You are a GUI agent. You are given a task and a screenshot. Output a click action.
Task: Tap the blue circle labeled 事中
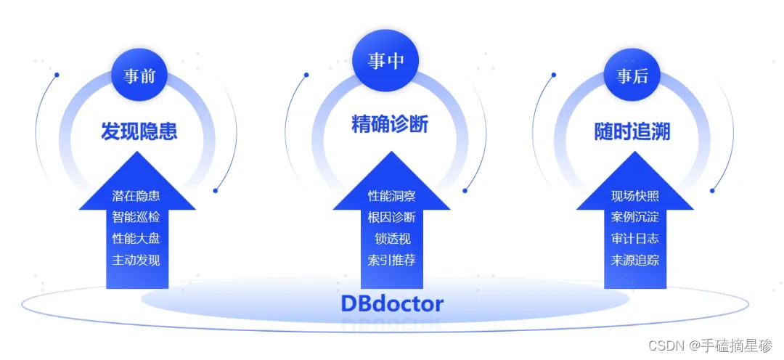[385, 61]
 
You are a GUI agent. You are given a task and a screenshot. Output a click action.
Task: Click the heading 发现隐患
[139, 131]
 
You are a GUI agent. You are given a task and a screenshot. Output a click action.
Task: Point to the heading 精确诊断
[390, 125]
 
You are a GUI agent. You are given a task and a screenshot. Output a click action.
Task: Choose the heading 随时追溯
[632, 131]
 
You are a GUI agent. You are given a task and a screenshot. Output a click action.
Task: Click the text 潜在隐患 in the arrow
[136, 196]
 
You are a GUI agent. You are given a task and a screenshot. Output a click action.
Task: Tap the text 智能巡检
[136, 217]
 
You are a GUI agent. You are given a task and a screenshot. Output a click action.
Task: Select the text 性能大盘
[136, 238]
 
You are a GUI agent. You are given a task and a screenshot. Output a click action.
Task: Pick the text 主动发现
[136, 260]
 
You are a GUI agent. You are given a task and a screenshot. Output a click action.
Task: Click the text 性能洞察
[391, 196]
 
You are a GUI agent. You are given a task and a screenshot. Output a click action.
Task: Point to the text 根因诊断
[391, 217]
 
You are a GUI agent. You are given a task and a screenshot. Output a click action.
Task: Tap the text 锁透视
[391, 238]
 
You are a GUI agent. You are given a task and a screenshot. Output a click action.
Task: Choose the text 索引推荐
[391, 260]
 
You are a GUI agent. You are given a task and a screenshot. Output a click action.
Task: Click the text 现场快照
[635, 196]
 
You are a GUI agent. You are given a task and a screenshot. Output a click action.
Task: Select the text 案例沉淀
[635, 217]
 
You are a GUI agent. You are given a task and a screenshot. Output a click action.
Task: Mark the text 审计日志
[635, 238]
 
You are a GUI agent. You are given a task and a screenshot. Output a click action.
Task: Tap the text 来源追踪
[635, 260]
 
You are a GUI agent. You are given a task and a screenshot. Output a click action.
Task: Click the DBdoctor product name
[392, 303]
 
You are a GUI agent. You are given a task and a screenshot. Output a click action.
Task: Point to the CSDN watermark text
[710, 345]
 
